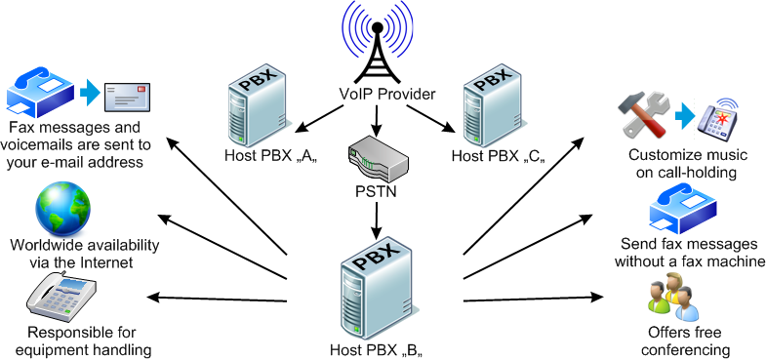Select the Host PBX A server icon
(x=250, y=102)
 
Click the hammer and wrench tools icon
(x=645, y=116)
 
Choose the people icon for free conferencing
(x=672, y=298)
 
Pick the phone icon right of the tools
(x=722, y=116)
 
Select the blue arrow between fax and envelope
(x=89, y=94)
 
